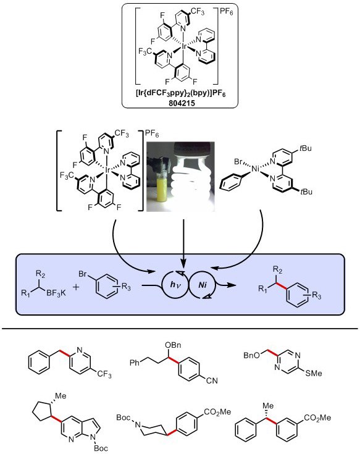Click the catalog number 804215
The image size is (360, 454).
click(180, 101)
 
